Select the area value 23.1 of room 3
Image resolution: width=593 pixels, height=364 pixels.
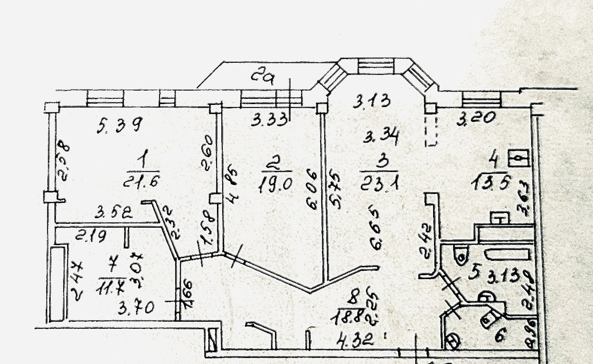coord(380,179)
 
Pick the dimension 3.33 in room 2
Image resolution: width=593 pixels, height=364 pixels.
coord(270,119)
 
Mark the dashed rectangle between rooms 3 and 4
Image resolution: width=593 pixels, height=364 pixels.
coord(430,130)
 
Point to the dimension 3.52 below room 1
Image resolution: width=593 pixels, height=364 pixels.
coord(114,213)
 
